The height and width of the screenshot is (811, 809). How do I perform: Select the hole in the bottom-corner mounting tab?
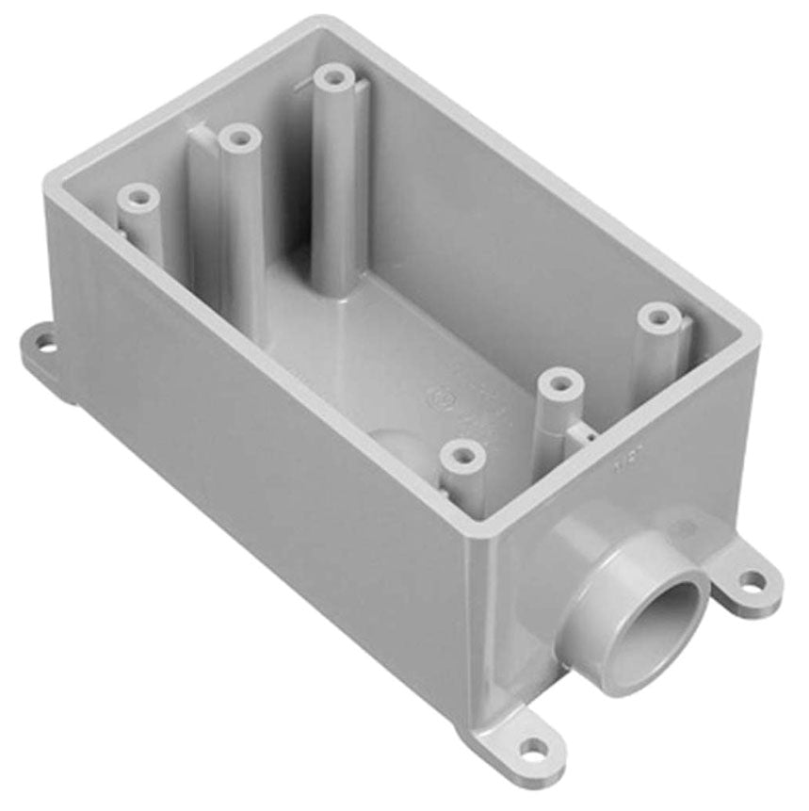click(533, 750)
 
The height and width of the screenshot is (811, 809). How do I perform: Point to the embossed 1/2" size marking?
click(620, 462)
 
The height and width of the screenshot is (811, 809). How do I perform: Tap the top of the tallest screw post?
click(332, 76)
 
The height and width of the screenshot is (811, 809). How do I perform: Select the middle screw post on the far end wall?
click(240, 139)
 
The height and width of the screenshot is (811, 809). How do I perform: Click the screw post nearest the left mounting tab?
click(138, 198)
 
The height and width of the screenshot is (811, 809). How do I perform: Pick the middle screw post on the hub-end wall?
click(561, 383)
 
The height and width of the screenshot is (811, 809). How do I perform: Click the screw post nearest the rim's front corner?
click(463, 457)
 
